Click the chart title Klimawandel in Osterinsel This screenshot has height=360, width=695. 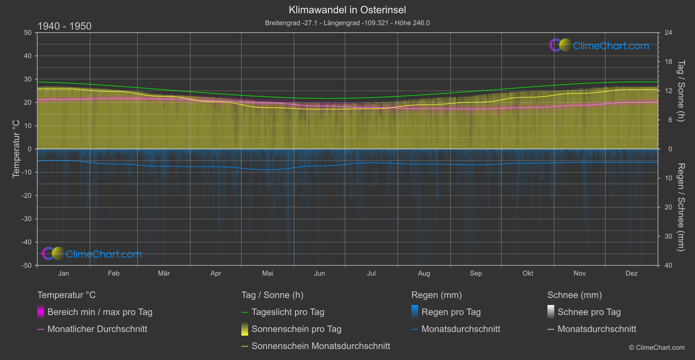[347, 10]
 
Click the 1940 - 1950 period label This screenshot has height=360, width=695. [65, 26]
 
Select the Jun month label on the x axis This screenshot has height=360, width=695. [319, 273]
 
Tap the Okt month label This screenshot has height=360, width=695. [528, 273]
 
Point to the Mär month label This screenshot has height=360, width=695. [164, 273]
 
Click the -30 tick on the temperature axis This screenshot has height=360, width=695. [27, 219]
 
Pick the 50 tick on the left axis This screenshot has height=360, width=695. [28, 33]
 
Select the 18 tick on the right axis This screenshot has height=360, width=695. [668, 62]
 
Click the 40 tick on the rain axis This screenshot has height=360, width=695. [668, 265]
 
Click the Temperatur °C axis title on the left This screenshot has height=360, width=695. [16, 149]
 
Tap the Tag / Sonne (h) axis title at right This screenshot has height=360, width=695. [681, 91]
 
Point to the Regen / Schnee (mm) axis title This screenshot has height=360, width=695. [681, 207]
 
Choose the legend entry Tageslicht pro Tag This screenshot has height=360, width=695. [288, 312]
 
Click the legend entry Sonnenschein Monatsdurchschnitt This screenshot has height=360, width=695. [321, 346]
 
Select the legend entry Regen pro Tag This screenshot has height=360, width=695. [451, 312]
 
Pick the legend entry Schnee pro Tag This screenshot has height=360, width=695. [589, 312]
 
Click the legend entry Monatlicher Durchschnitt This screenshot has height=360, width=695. [97, 329]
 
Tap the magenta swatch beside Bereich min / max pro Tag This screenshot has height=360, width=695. [41, 312]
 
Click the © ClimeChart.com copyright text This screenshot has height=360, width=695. [657, 347]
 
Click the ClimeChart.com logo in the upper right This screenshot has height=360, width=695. [599, 45]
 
